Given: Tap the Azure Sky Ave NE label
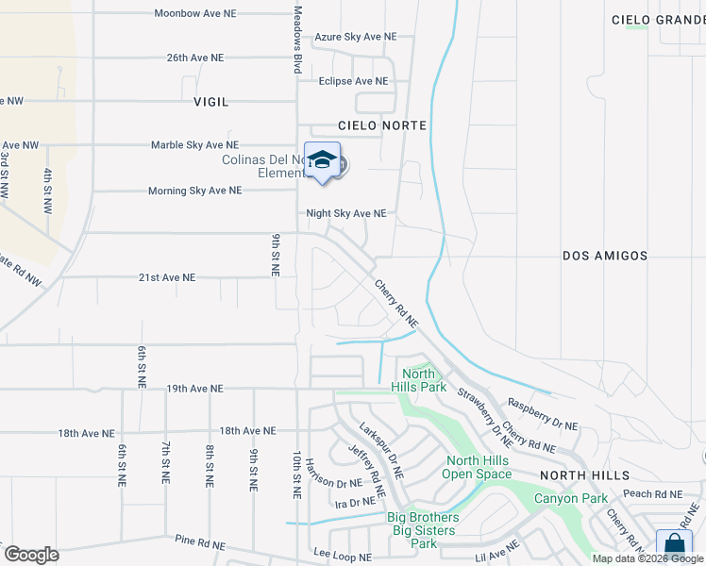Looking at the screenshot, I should (356, 36).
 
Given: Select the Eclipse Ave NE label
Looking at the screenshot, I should (354, 81).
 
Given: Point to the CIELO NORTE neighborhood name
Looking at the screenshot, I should (382, 125).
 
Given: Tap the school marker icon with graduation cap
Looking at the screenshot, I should (322, 160).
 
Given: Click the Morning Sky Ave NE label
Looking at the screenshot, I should (194, 191).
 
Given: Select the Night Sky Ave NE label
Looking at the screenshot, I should (345, 214).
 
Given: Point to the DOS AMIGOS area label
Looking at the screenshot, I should (605, 256).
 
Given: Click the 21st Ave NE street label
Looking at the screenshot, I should (167, 277).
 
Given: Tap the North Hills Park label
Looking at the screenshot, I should (418, 381).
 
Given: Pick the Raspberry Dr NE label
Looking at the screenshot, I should (543, 401).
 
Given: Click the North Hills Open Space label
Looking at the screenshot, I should (478, 467).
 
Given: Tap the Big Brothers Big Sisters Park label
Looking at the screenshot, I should (424, 530).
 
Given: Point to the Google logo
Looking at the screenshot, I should (31, 555).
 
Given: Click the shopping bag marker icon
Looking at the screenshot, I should (674, 544).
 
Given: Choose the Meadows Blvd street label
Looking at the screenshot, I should (297, 40).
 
